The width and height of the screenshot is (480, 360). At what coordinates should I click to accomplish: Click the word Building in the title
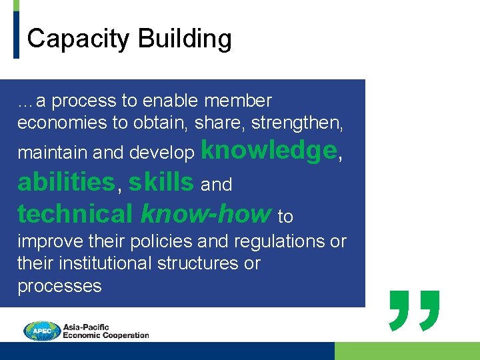coord(185,39)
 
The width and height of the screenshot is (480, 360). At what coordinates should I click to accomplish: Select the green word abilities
coord(66,182)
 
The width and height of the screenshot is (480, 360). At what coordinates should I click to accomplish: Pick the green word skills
coord(161,182)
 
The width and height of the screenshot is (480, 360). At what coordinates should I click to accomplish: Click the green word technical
coord(75,214)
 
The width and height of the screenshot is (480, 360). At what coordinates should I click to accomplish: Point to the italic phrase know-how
coord(206,214)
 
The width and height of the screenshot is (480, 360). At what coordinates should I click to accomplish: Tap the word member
coord(238,101)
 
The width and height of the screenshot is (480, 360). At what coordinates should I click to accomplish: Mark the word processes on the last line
coord(59,286)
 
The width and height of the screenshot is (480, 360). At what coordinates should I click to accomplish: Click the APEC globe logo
coord(42,331)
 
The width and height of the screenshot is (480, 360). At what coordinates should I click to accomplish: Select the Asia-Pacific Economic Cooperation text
coord(105,331)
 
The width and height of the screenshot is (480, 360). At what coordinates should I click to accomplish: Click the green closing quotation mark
coord(414,309)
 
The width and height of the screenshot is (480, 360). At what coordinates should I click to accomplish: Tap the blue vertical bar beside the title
coord(17,34)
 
